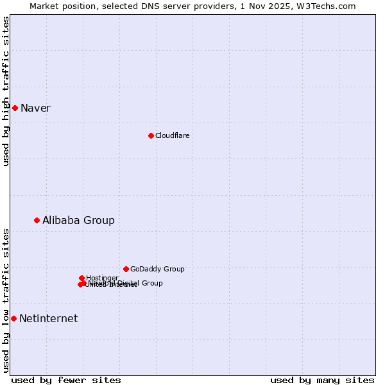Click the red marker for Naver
[15, 108]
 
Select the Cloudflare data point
[151, 135]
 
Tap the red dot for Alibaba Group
[37, 220]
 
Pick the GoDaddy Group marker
[126, 269]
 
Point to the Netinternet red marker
[13, 318]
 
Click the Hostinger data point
[81, 278]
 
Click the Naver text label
[35, 108]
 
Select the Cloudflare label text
[172, 135]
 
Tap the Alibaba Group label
[78, 220]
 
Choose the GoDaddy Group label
[157, 269]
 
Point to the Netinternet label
[48, 318]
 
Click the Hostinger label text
[102, 278]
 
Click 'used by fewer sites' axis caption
[66, 380]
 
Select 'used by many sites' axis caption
[322, 380]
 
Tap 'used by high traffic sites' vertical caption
[6, 91]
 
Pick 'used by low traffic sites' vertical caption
[6, 300]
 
